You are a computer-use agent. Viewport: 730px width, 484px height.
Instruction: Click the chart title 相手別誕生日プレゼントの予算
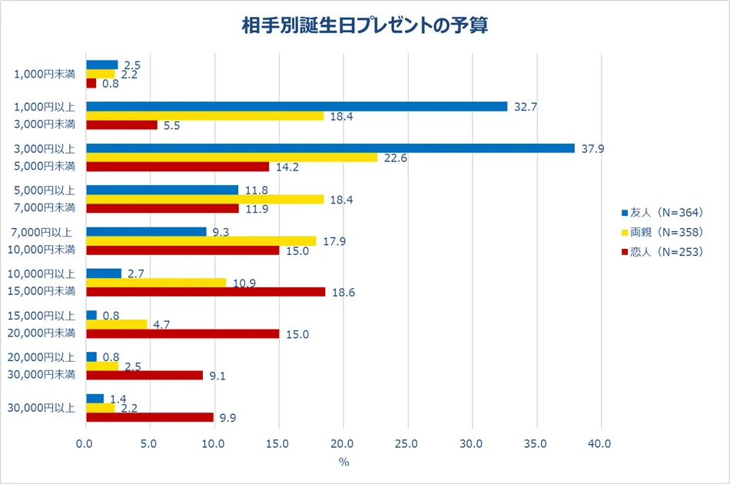[x=365, y=26]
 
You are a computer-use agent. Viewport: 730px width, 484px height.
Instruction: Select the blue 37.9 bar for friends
[x=330, y=148]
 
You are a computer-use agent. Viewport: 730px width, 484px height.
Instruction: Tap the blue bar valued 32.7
[x=297, y=107]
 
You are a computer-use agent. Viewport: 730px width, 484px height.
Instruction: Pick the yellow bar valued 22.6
[x=232, y=157]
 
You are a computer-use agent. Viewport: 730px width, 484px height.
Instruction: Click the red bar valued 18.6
[x=205, y=292]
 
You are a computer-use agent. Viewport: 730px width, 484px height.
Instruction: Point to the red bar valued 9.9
[x=150, y=417]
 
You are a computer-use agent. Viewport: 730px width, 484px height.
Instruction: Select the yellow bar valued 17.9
[x=201, y=240]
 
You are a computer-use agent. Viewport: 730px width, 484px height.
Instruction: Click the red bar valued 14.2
[x=178, y=167]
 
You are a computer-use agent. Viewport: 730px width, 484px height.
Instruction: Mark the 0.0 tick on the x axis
[x=86, y=443]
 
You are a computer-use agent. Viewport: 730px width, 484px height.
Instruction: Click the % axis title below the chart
[x=343, y=462]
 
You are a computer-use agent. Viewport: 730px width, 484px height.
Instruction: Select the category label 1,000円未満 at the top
[x=45, y=75]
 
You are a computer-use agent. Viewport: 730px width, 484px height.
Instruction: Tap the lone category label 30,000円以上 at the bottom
[x=45, y=408]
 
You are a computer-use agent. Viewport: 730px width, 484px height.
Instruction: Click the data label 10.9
[x=244, y=283]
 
